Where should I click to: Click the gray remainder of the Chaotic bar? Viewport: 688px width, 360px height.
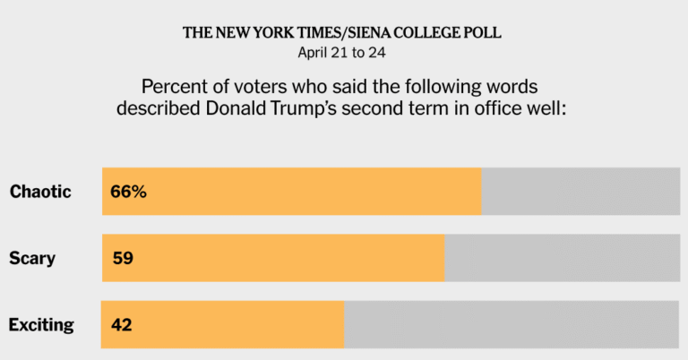[x=580, y=192]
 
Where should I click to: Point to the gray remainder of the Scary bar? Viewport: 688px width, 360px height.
[x=562, y=259]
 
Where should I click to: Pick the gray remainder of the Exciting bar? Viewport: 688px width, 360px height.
[x=512, y=324]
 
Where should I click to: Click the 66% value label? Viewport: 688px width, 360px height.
[x=129, y=192]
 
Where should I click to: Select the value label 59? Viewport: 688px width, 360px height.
[x=123, y=259]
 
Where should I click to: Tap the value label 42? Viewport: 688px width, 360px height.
[x=122, y=324]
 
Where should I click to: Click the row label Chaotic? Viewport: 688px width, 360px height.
[x=40, y=192]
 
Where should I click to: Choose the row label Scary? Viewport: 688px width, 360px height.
[x=32, y=259]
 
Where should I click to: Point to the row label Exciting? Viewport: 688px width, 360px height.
[x=41, y=324]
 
